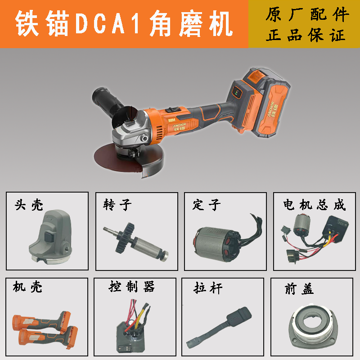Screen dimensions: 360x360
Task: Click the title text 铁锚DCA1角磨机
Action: [124, 24]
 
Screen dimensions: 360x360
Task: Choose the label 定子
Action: [207, 205]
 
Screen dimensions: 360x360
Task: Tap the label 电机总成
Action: [315, 205]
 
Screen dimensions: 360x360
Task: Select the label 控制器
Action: [132, 286]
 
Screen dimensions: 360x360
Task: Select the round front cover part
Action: [315, 324]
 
